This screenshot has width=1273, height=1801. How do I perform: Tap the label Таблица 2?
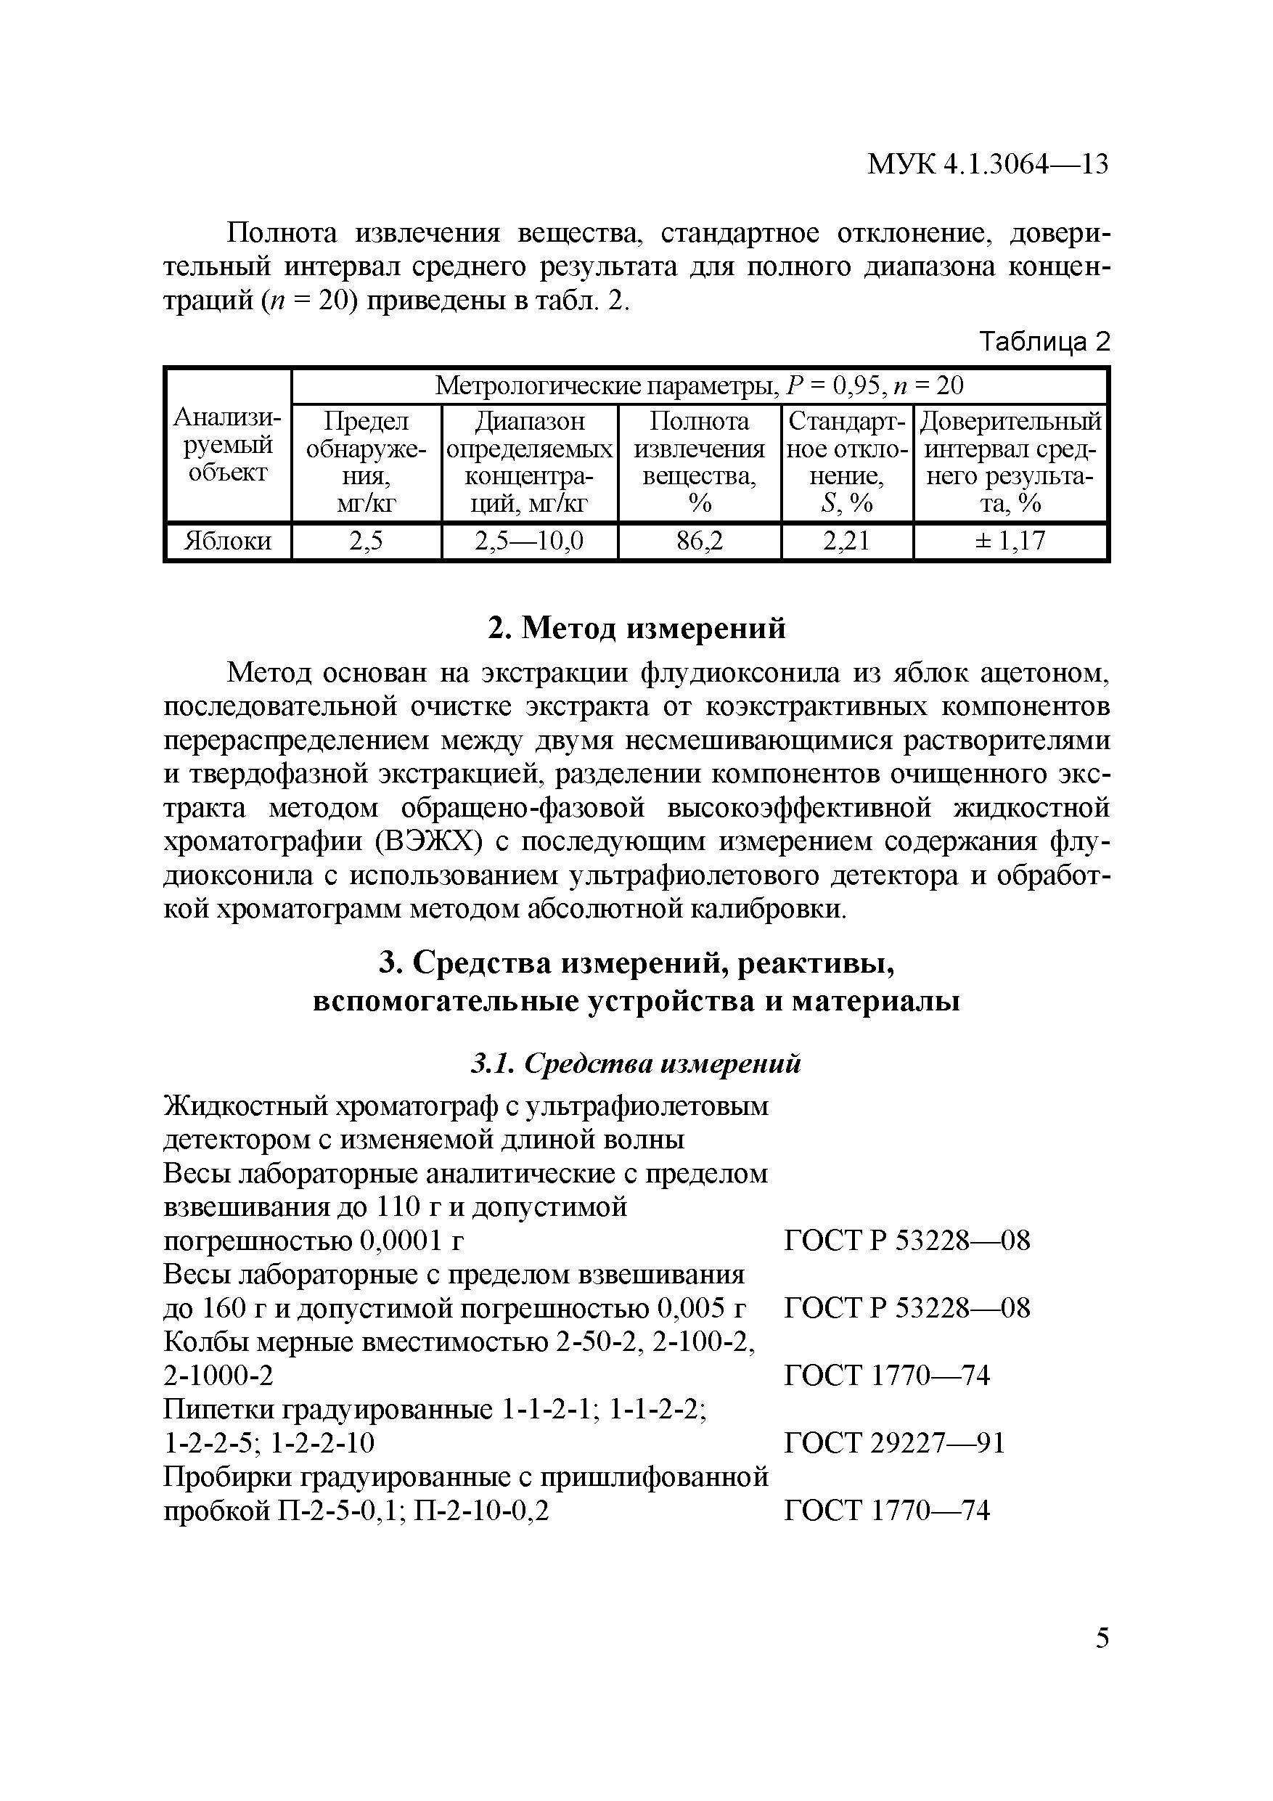1045,341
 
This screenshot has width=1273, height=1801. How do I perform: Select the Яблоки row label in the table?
227,542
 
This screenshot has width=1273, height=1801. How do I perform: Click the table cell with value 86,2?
699,542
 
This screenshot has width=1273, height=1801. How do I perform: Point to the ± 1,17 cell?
1010,542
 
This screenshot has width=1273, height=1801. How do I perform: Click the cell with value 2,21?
846,542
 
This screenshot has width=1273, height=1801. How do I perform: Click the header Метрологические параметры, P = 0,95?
698,386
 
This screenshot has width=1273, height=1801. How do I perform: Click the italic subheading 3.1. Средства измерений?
636,1063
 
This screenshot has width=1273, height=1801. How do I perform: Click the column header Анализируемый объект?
227,446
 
